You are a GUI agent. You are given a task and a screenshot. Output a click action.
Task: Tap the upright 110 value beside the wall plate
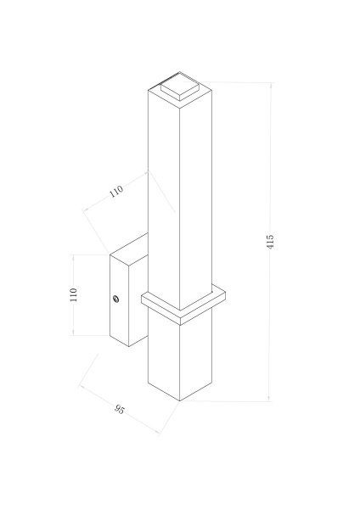(x=74, y=294)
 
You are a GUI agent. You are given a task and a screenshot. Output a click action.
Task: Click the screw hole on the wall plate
(x=115, y=298)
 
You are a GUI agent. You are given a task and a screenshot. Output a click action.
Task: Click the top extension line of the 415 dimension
(x=238, y=82)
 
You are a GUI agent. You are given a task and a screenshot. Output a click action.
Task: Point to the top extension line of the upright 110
(x=89, y=254)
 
